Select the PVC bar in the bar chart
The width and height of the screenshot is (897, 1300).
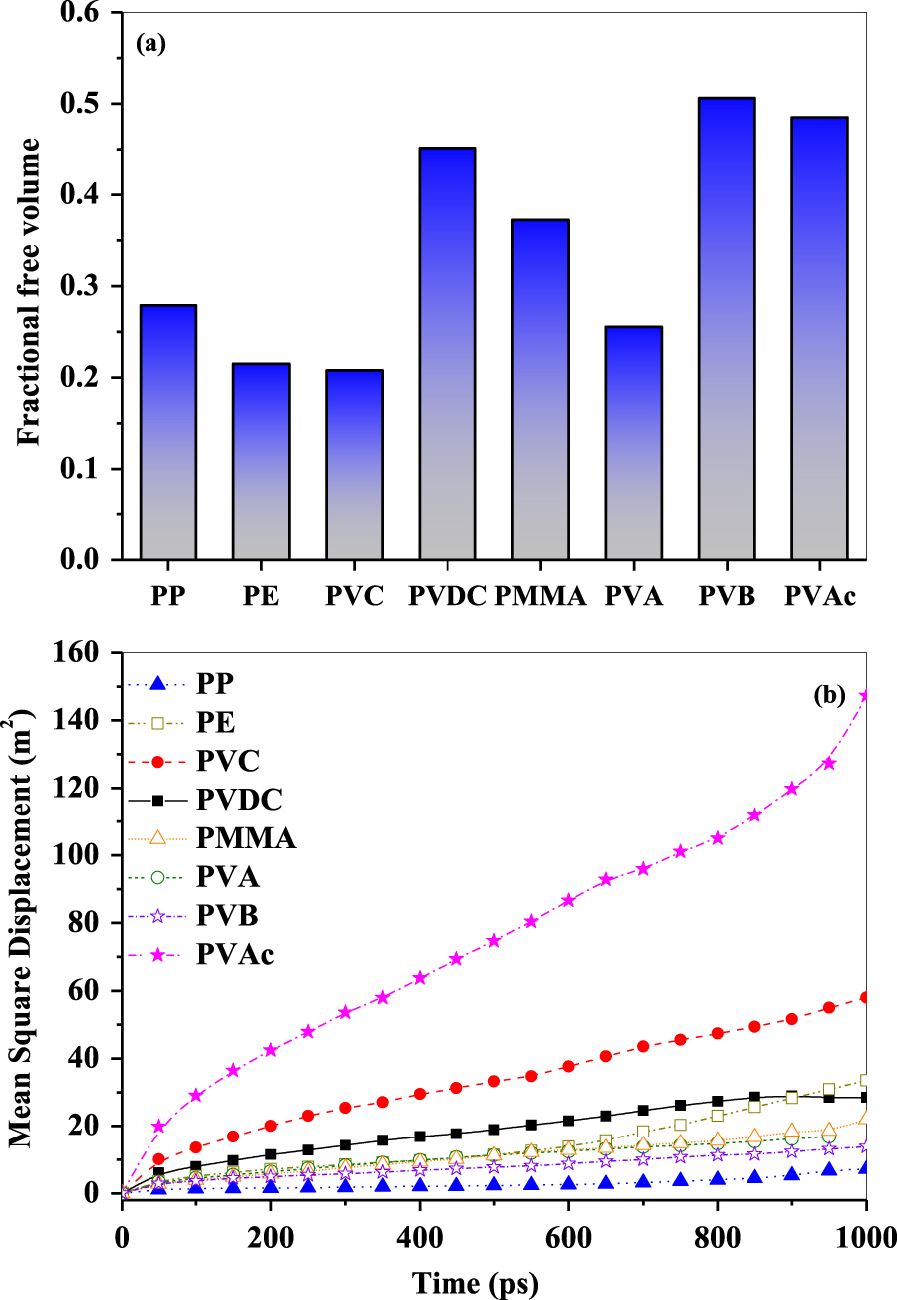(354, 464)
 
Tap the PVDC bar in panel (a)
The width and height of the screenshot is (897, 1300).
(447, 353)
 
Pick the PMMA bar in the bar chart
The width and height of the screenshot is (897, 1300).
(540, 389)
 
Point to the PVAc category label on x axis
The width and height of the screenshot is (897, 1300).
(819, 596)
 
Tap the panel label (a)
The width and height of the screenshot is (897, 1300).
(155, 45)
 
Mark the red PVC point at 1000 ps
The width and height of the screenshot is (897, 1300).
(865, 997)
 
